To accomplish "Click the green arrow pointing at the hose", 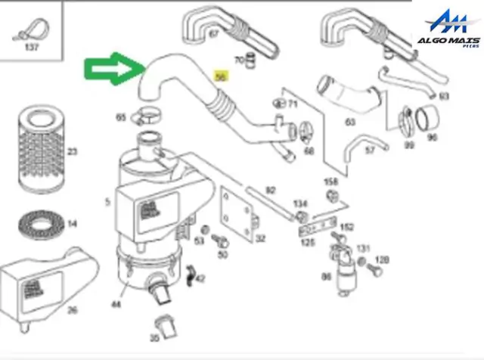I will click(x=112, y=72).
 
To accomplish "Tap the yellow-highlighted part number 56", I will click(x=220, y=76).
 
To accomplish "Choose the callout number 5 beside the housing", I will click(x=107, y=202).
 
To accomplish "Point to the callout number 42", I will click(x=200, y=279).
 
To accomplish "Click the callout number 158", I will click(x=330, y=182).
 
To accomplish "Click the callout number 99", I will click(x=409, y=144).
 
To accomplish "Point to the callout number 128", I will click(x=383, y=260).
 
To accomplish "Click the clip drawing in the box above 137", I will click(x=31, y=31).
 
